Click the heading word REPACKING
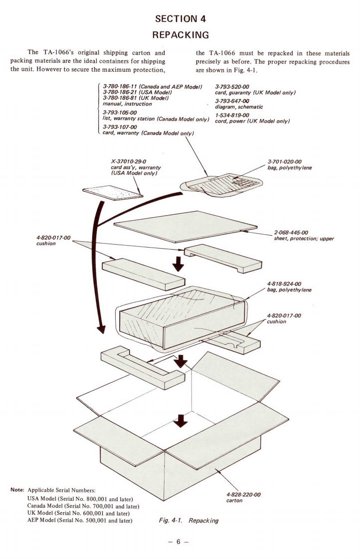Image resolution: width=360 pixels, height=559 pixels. point(180,35)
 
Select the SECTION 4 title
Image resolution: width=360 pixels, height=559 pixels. point(180,18)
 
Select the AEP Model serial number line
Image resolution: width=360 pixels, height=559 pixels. point(80,520)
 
